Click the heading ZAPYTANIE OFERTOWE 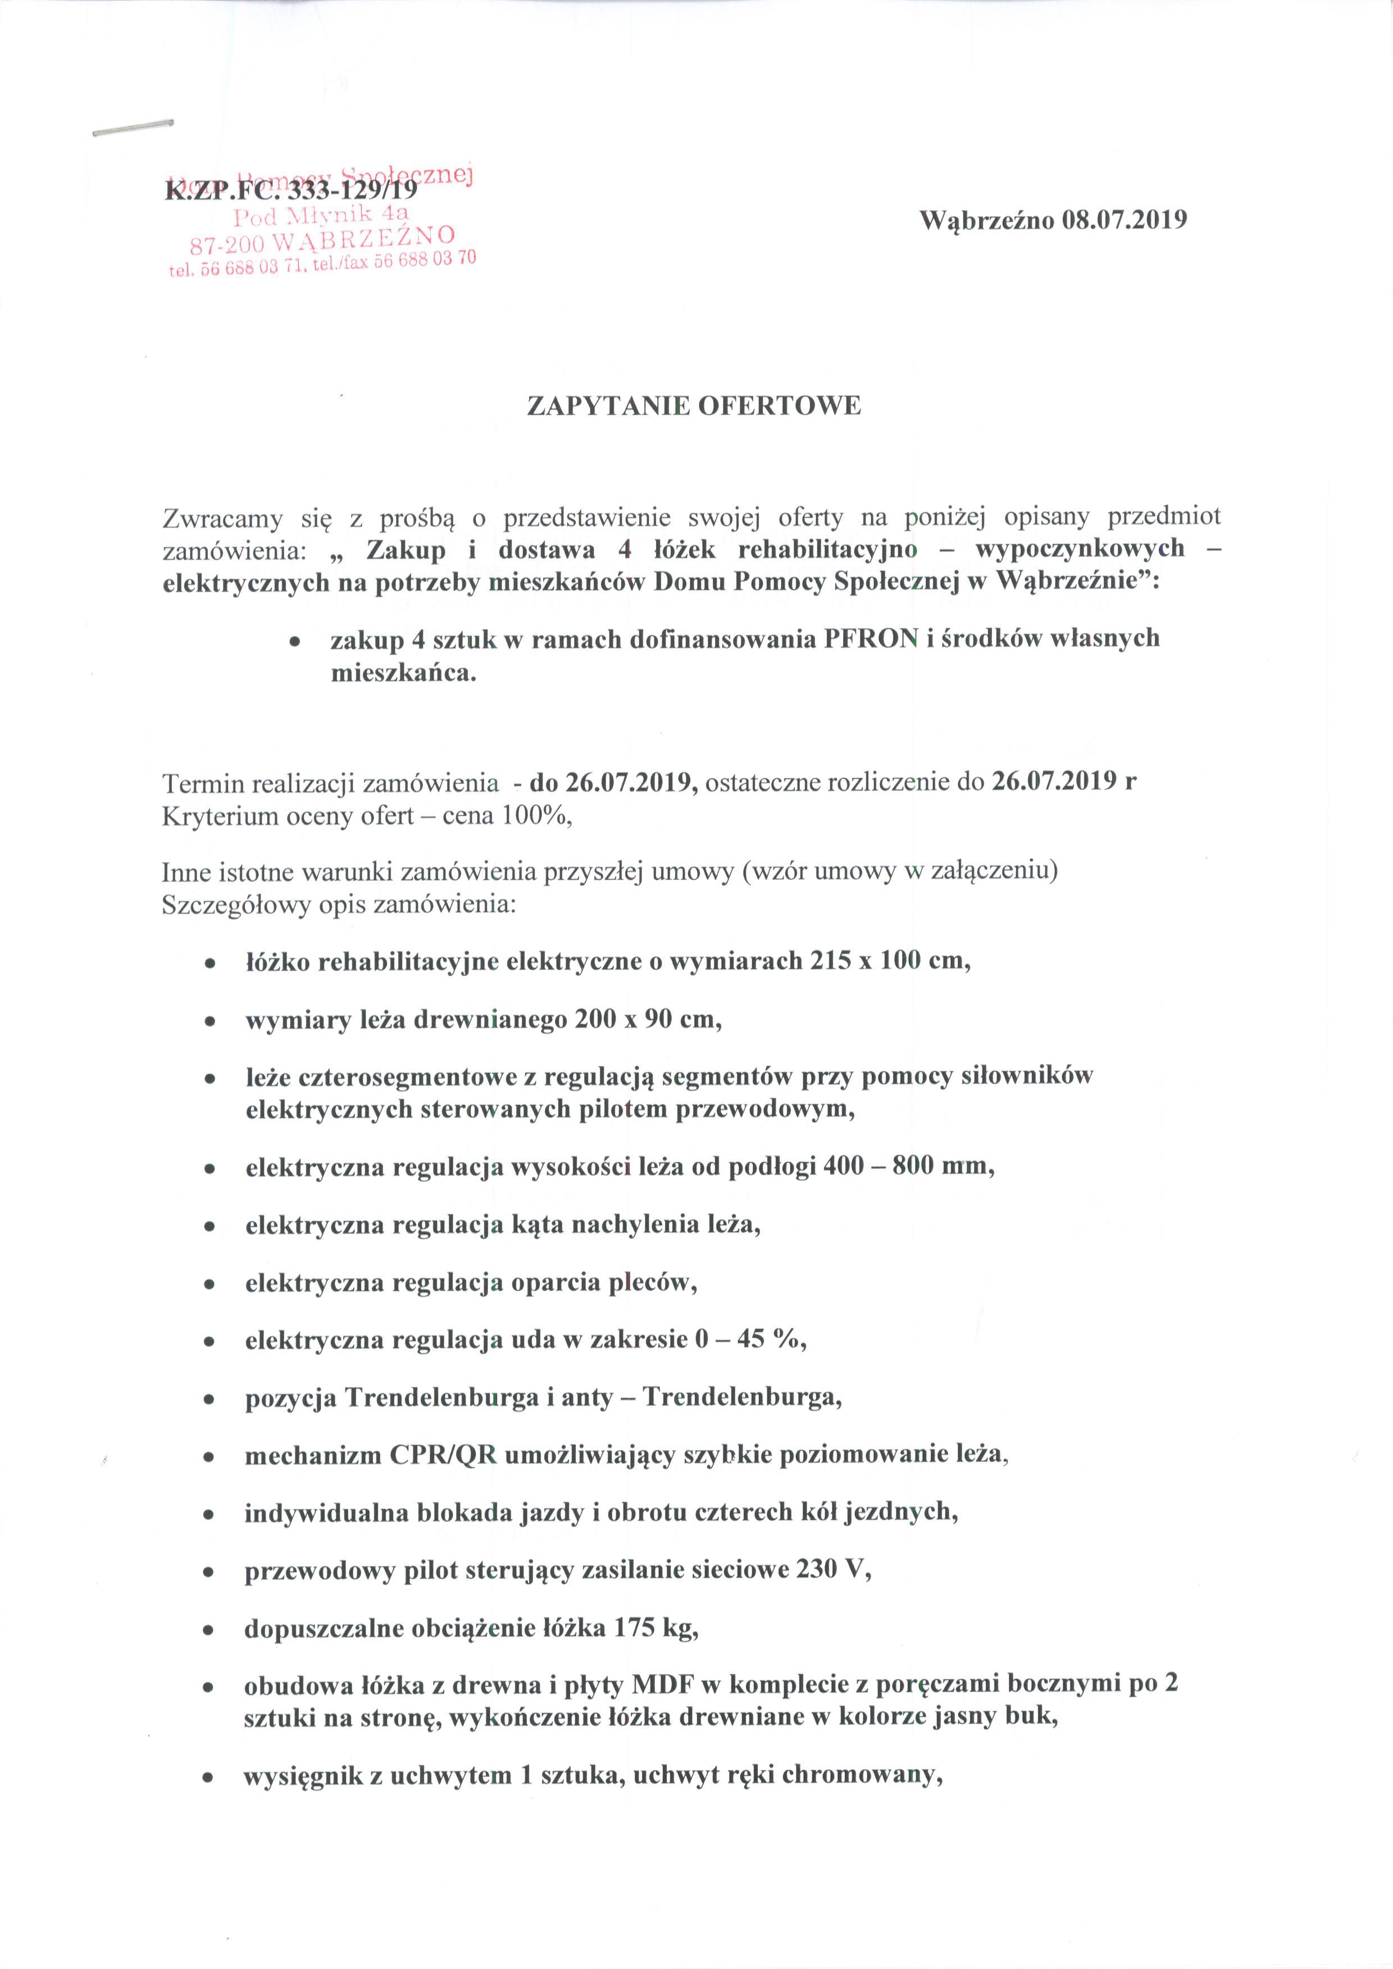pyautogui.click(x=693, y=405)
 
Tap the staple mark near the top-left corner pyautogui.click(x=133, y=128)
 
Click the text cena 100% pyautogui.click(x=505, y=815)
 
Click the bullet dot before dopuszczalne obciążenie pyautogui.click(x=208, y=1629)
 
